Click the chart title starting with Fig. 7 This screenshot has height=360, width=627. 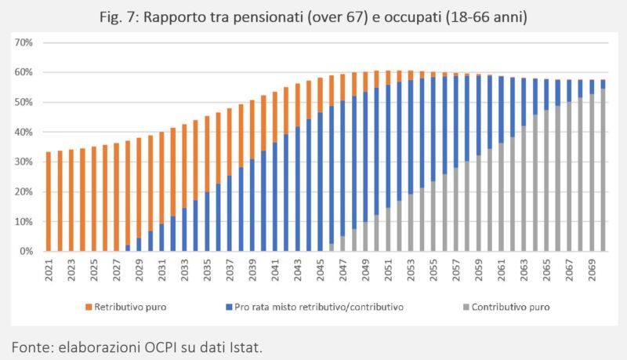313,15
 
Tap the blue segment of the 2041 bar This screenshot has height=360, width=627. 274,196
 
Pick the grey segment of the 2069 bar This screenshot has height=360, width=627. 592,173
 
